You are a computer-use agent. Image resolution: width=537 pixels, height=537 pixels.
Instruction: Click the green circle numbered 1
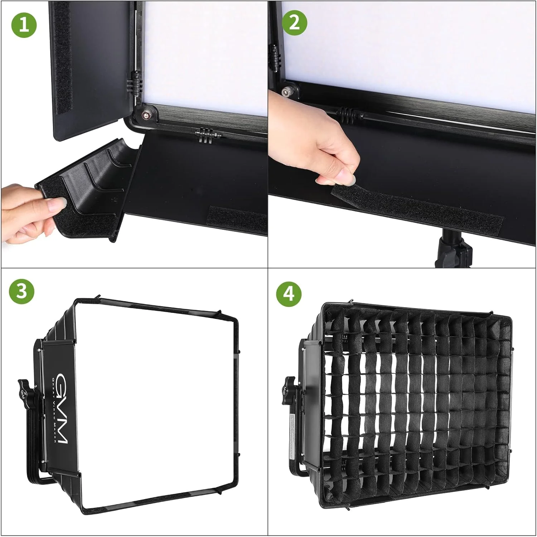[24, 25]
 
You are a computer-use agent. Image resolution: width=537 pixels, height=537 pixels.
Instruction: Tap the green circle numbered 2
[294, 23]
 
